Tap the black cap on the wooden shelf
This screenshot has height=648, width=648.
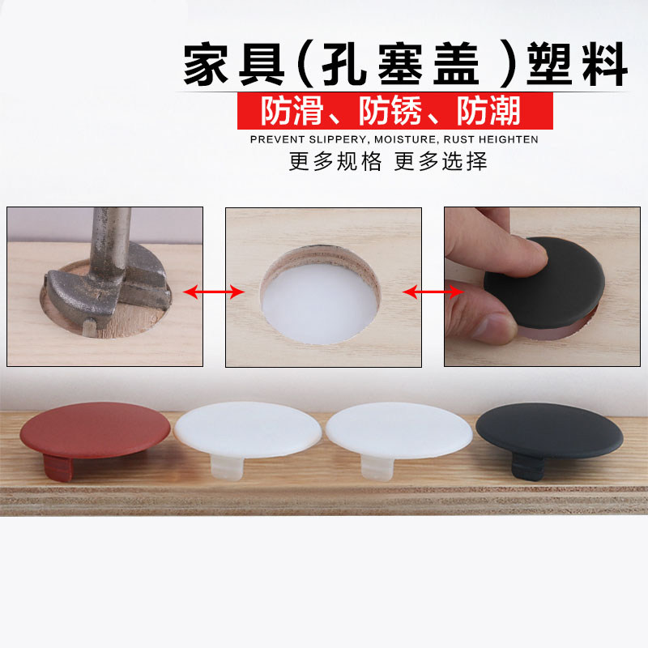tap(549, 431)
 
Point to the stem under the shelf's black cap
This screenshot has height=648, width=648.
tap(528, 467)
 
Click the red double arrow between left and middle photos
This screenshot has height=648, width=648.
tap(214, 292)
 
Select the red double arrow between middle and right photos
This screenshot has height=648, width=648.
tap(433, 292)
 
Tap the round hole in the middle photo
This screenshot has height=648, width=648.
tap(321, 295)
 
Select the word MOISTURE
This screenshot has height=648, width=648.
tap(406, 139)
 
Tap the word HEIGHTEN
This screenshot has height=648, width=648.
tap(509, 139)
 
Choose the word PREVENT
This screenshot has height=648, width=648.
tap(277, 139)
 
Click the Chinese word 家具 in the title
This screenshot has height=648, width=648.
tap(234, 64)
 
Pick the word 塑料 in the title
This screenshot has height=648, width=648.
tap(577, 64)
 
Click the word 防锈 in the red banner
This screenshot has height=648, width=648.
tap(390, 111)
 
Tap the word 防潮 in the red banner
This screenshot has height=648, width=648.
tap(488, 111)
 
